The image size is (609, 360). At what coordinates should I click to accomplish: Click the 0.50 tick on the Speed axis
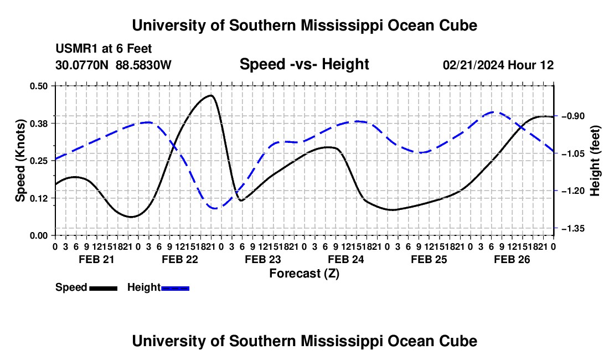[x=38, y=86]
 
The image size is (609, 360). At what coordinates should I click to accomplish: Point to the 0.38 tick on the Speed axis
[x=38, y=124]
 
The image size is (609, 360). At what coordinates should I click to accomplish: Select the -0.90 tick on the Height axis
[x=572, y=116]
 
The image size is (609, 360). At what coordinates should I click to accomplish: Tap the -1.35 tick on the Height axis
[x=572, y=228]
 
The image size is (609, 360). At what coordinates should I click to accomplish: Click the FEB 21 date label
[x=97, y=259]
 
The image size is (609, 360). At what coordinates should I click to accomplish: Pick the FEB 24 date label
[x=346, y=259]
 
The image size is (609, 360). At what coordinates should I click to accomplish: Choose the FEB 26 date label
[x=512, y=259]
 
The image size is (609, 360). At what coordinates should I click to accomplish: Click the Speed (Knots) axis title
[x=20, y=161]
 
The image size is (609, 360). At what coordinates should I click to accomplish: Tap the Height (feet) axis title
[x=595, y=161]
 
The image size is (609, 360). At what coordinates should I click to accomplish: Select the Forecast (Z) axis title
[x=304, y=274]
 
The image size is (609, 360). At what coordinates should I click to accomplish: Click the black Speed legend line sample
[x=104, y=288]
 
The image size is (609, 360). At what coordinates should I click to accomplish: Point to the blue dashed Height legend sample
[x=175, y=288]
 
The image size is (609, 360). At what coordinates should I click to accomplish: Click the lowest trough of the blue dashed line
[x=215, y=209]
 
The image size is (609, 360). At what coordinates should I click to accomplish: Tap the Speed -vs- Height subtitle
[x=304, y=64]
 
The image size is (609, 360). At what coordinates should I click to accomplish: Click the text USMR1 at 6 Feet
[x=104, y=49]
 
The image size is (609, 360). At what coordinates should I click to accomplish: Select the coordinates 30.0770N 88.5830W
[x=113, y=65]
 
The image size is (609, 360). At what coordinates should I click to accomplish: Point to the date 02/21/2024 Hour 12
[x=498, y=65]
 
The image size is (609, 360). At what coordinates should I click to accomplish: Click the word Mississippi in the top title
[x=342, y=25]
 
